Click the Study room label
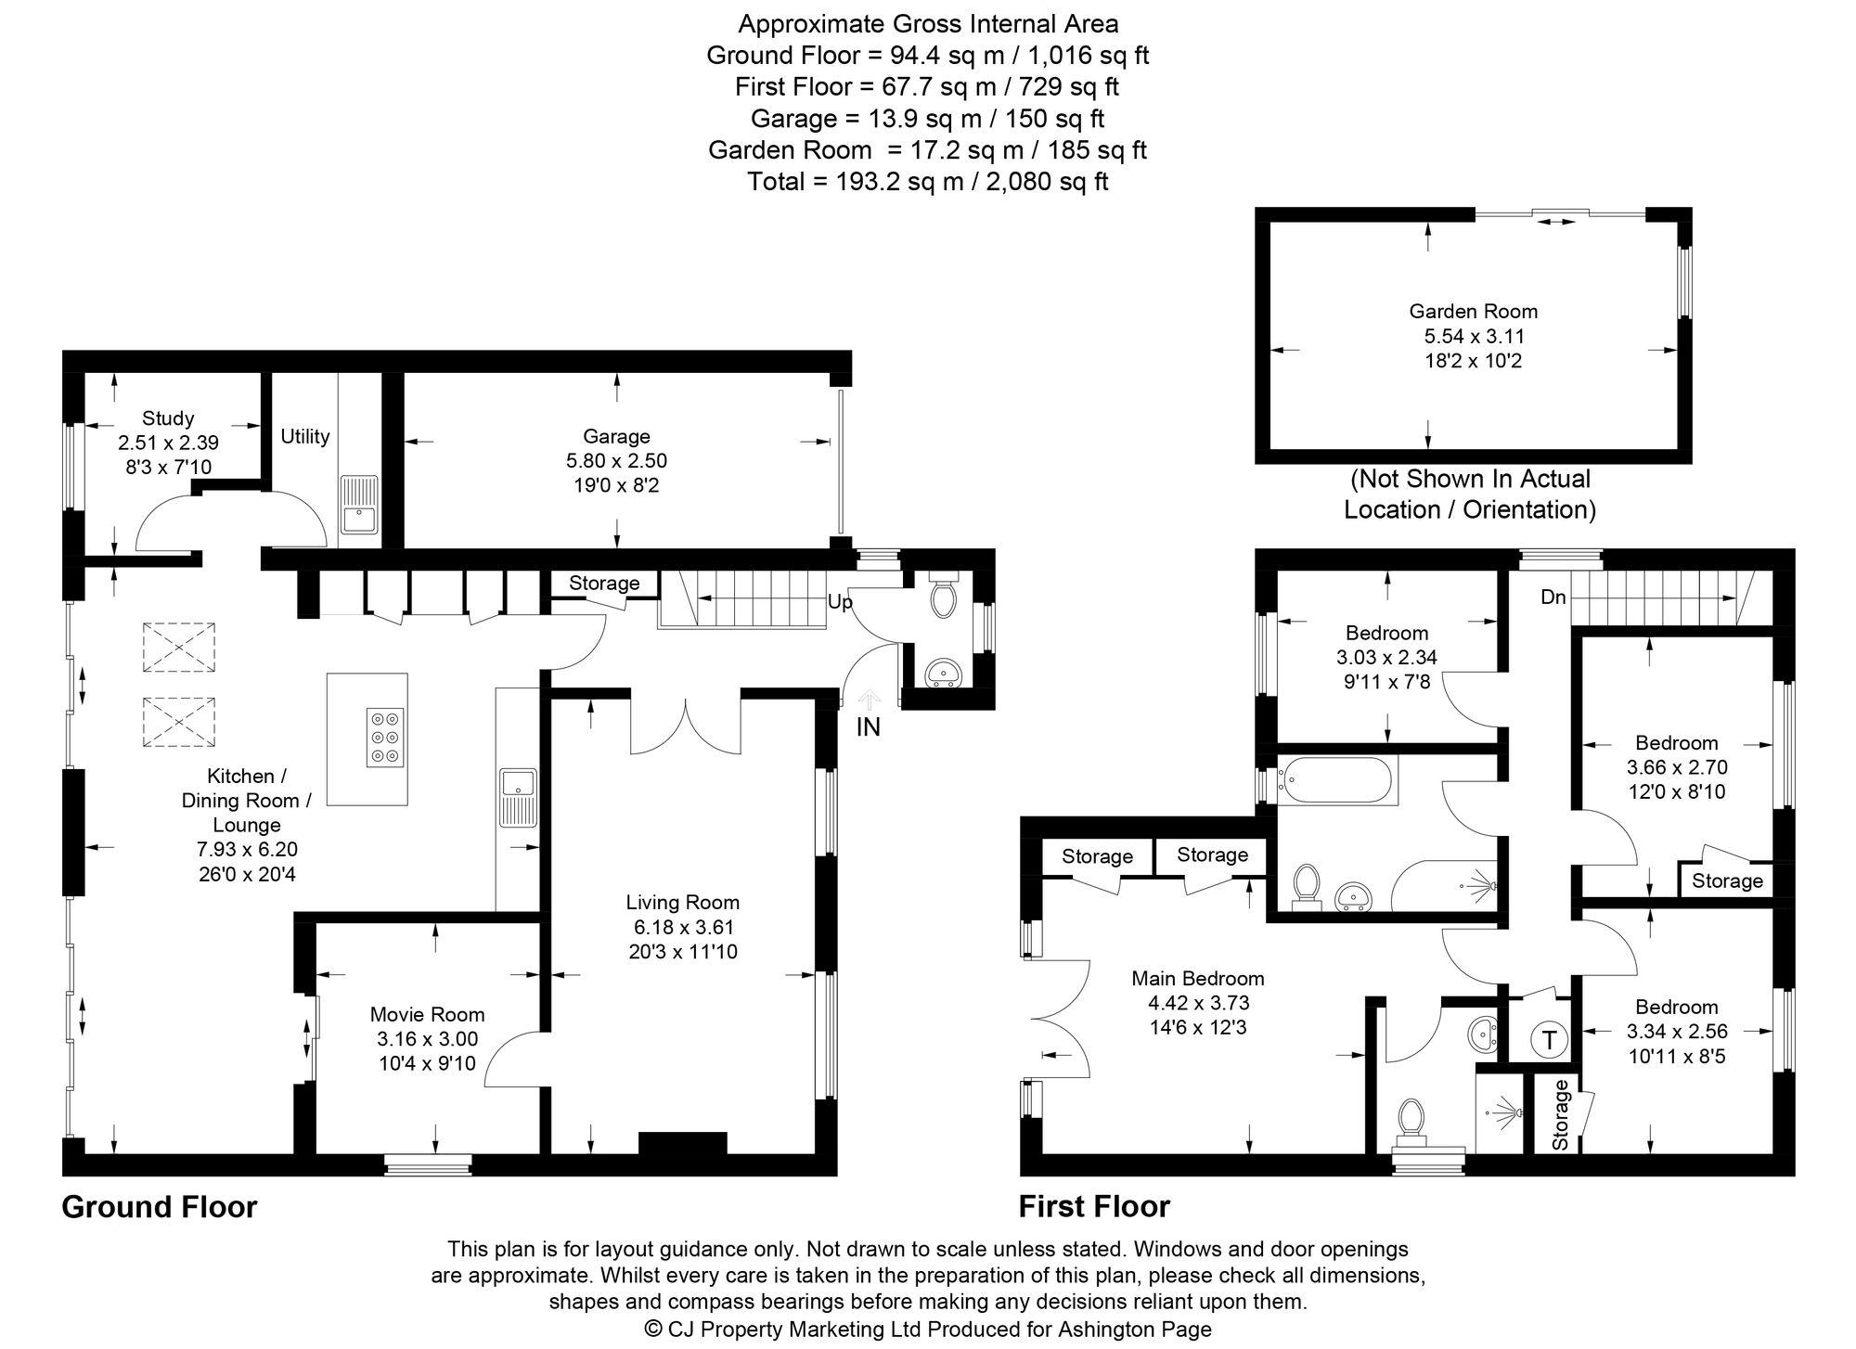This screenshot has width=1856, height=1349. click(168, 418)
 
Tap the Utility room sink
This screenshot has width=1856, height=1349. click(358, 504)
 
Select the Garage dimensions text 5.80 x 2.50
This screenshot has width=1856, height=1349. click(616, 460)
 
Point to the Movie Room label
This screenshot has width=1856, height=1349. click(427, 1014)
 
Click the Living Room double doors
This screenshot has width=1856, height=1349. click(685, 726)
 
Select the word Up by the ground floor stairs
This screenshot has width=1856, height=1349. click(839, 602)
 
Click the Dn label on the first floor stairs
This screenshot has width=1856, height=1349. click(1553, 597)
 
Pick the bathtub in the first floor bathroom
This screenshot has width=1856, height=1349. click(1336, 780)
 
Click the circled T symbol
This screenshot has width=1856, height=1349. click(1548, 1039)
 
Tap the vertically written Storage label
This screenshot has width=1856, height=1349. click(1560, 1114)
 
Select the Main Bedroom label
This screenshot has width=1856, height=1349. click(1197, 978)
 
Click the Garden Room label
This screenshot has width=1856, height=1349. click(1473, 312)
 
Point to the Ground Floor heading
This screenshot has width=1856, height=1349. click(159, 1206)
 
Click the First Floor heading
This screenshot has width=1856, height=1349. click(1094, 1206)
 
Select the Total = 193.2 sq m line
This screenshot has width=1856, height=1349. click(927, 181)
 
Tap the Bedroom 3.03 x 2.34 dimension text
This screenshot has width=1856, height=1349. click(1386, 658)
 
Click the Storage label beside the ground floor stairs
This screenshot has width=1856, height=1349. click(604, 583)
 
